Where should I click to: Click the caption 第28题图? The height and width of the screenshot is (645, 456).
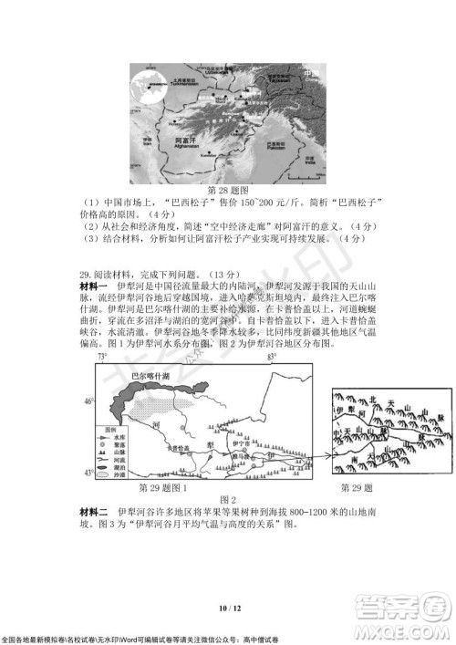coord(228,190)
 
